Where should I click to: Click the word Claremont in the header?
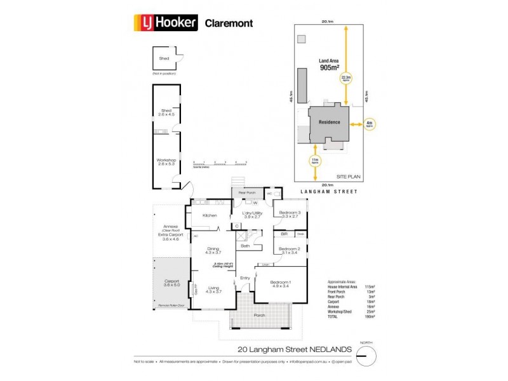click(x=229, y=23)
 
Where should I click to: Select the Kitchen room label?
click(x=210, y=216)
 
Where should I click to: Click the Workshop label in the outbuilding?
click(x=166, y=162)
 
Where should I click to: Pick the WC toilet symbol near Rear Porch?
click(x=269, y=194)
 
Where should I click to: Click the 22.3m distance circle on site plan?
click(x=346, y=79)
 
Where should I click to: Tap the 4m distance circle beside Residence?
click(x=369, y=124)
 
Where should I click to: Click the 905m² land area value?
click(x=330, y=67)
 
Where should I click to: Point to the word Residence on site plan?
click(x=330, y=123)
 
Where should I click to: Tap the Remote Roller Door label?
click(x=170, y=306)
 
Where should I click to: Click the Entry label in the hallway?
click(x=244, y=278)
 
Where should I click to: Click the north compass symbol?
click(x=363, y=355)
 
